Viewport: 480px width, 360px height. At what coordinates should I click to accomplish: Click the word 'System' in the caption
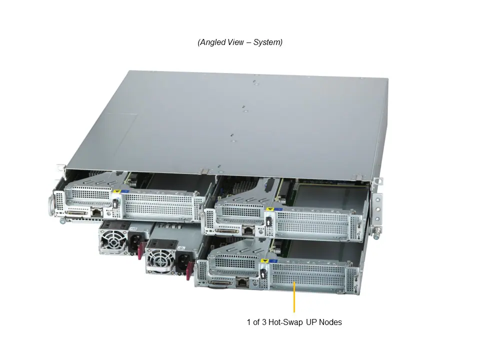tap(267, 42)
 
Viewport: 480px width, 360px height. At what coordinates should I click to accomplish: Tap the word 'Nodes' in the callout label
tap(331, 322)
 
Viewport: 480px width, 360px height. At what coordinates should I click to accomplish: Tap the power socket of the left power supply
tap(135, 244)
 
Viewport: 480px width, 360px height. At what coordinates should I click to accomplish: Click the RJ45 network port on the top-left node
tap(95, 212)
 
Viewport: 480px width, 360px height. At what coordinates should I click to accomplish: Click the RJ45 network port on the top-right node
tap(247, 231)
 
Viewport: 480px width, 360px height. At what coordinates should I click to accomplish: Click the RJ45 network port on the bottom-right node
tap(242, 282)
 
